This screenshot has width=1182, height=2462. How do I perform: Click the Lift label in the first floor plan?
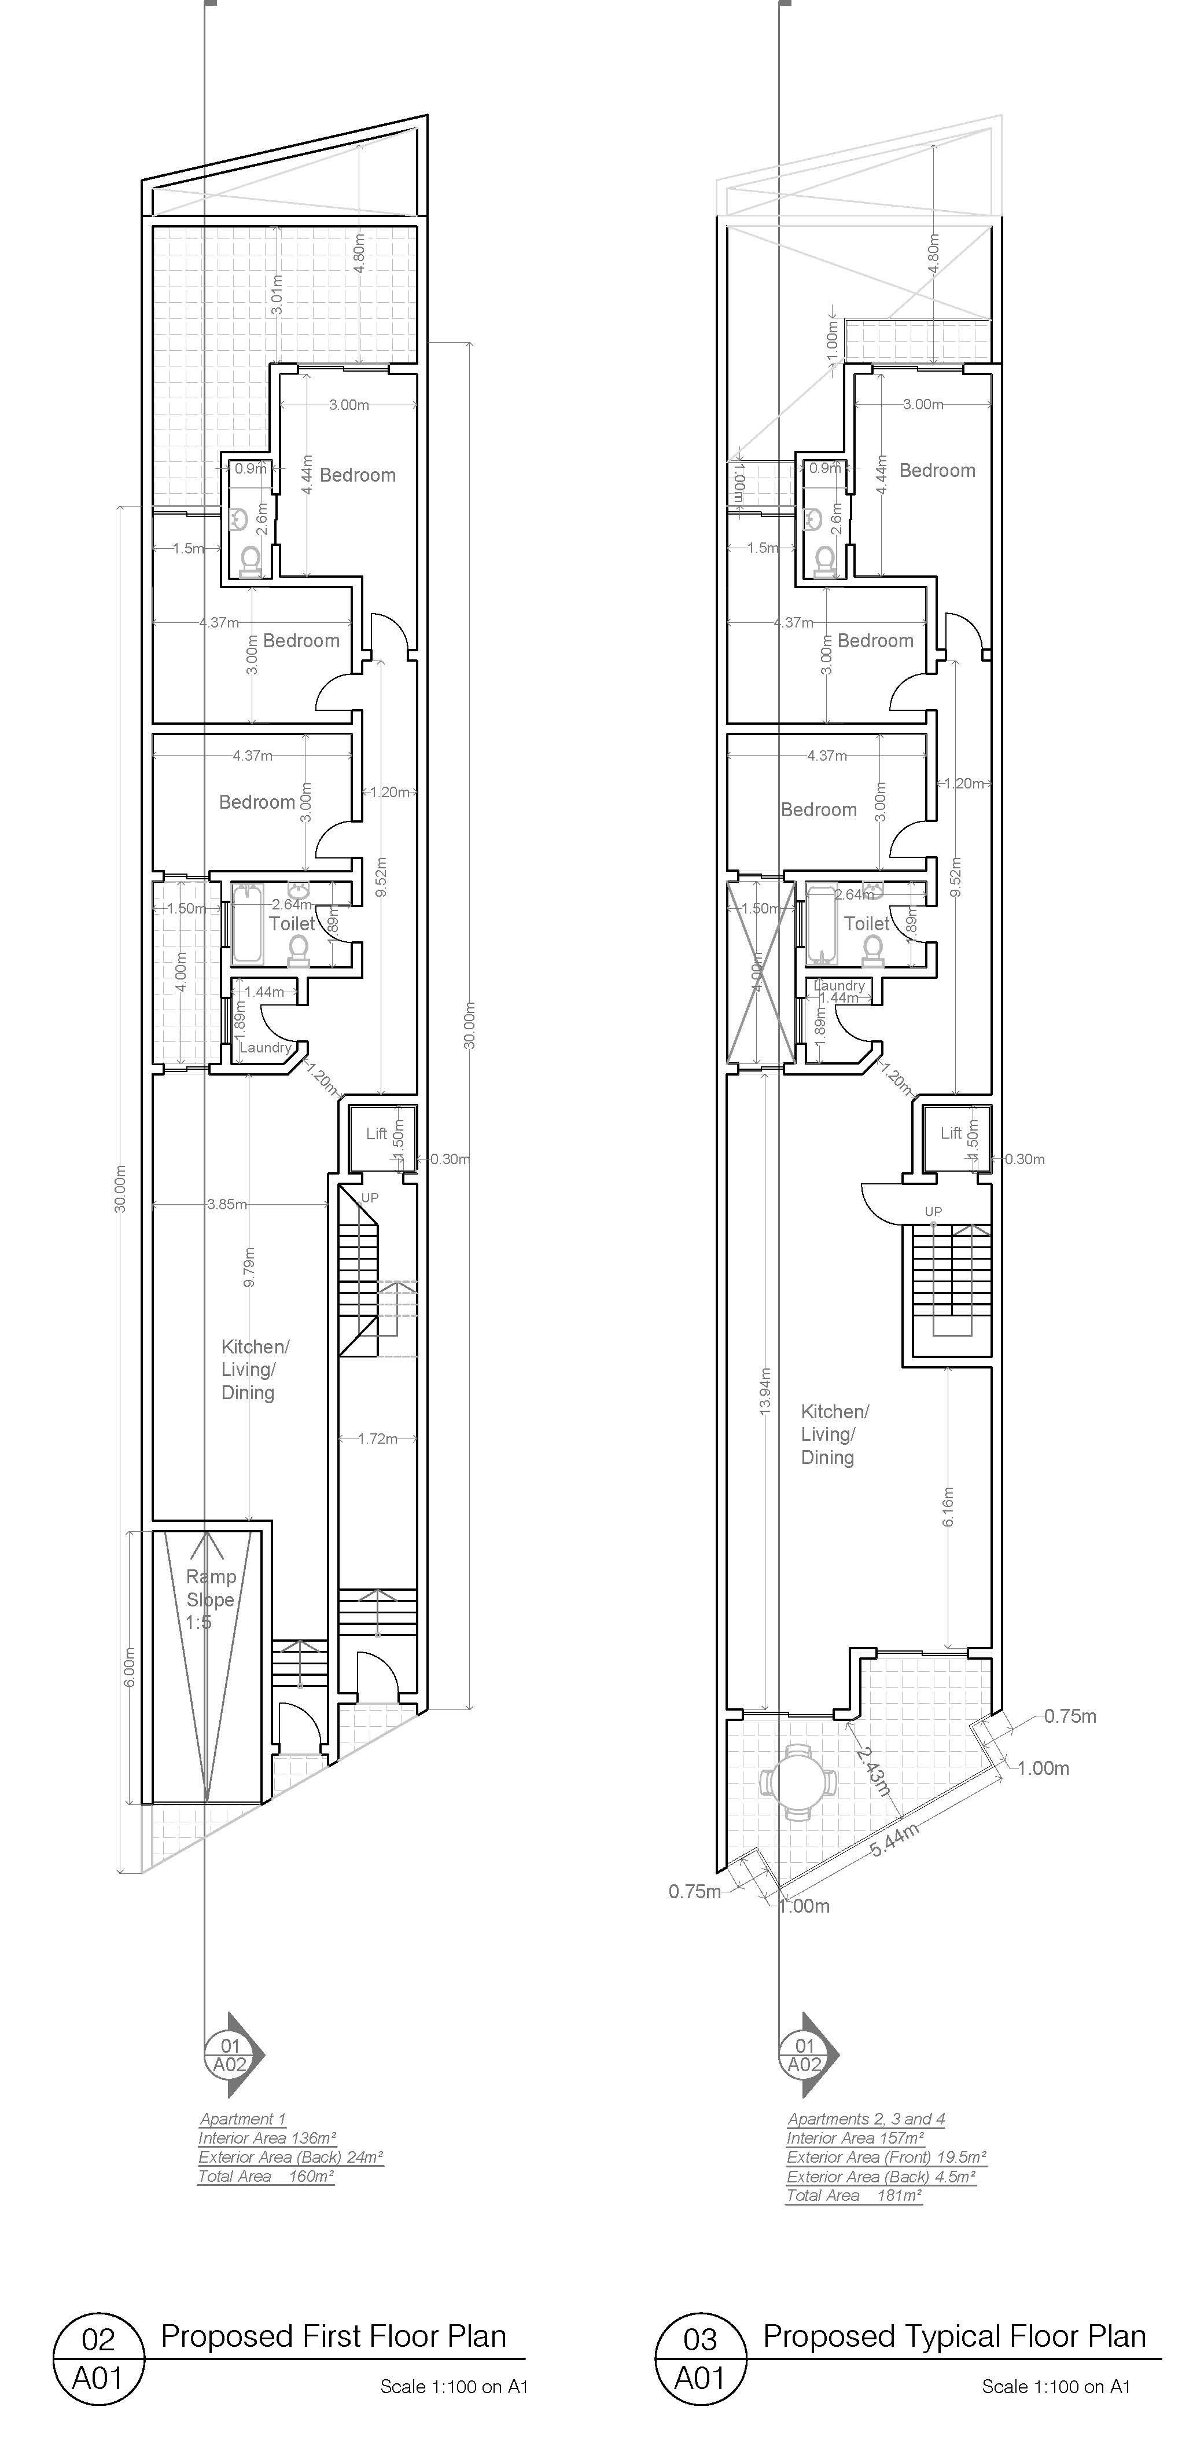[x=377, y=1133]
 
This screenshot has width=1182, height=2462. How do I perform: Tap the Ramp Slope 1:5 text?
[x=210, y=1599]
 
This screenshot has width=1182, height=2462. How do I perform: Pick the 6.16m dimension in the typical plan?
[x=948, y=1506]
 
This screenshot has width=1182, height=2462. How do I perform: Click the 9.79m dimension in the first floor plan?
[x=249, y=1267]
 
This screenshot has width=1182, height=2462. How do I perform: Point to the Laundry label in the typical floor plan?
[x=839, y=985]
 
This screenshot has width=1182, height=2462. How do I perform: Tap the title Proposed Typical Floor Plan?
[x=953, y=2336]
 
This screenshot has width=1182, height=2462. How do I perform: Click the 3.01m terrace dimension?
[x=276, y=295]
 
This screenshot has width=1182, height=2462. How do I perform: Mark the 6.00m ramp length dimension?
[x=130, y=1667]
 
